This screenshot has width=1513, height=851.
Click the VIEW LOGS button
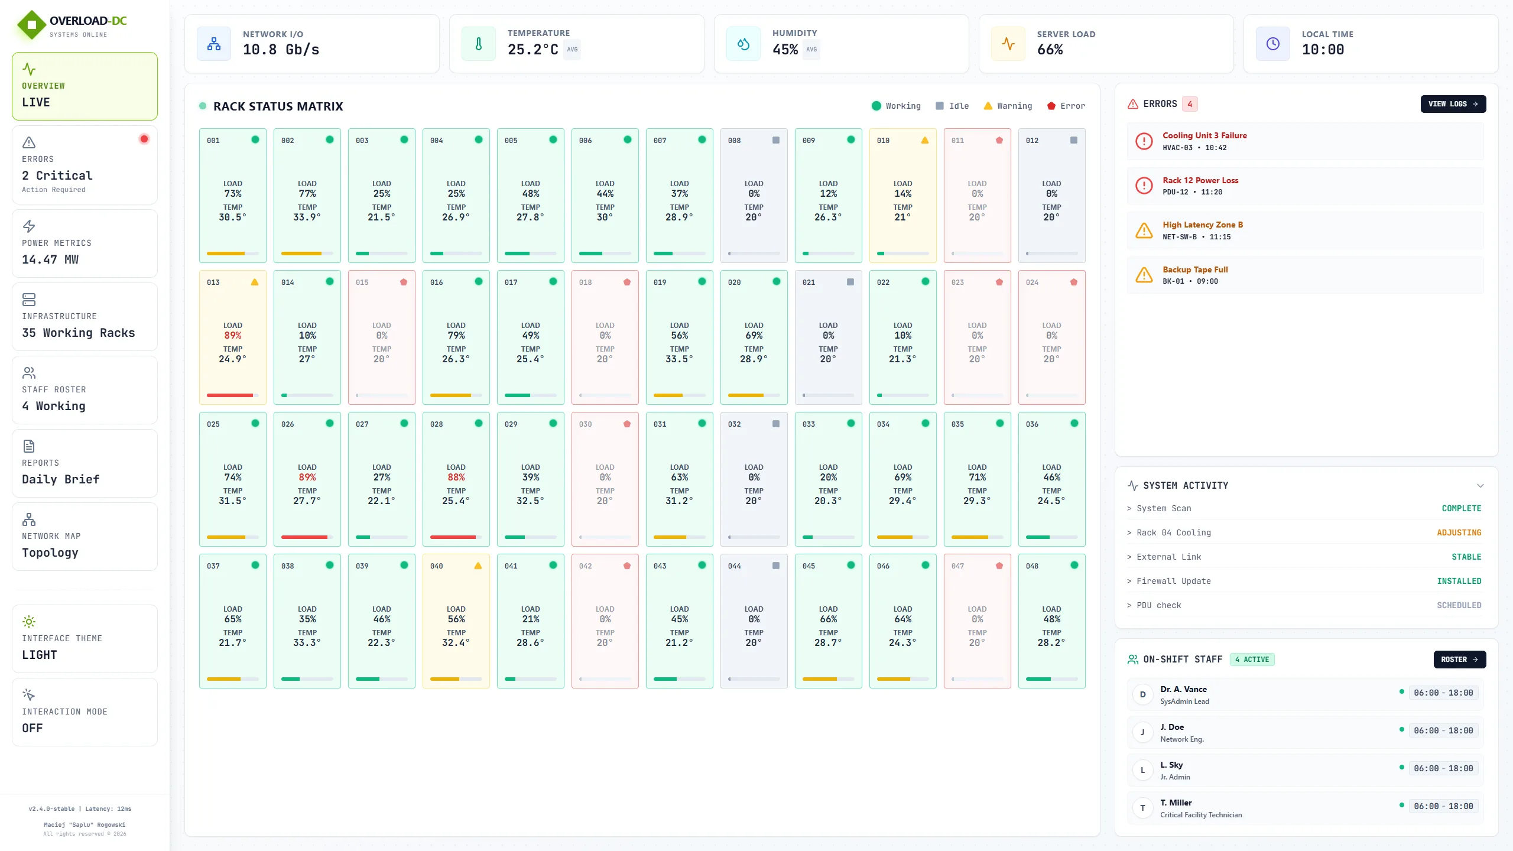(1453, 104)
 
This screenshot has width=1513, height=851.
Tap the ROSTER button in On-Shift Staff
(1459, 660)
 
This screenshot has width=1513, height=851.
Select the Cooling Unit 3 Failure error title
(1204, 135)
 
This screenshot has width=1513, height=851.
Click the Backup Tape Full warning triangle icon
(1144, 275)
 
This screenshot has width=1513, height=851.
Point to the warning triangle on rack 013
(255, 282)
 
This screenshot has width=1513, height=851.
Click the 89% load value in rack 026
(307, 477)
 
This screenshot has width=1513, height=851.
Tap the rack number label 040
(437, 566)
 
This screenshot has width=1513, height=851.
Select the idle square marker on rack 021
(850, 282)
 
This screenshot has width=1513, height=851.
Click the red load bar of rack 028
(453, 537)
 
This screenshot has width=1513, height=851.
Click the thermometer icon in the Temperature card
(479, 44)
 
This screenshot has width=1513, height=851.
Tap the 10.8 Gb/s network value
(281, 50)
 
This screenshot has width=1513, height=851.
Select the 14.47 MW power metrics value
(50, 259)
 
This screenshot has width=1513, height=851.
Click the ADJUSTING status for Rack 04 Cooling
(1459, 532)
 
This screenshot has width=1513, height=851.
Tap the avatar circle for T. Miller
(1142, 808)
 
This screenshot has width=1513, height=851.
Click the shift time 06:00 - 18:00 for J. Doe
(1443, 730)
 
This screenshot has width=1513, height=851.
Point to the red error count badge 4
(1190, 104)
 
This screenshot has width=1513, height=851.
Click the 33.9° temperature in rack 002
(307, 217)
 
